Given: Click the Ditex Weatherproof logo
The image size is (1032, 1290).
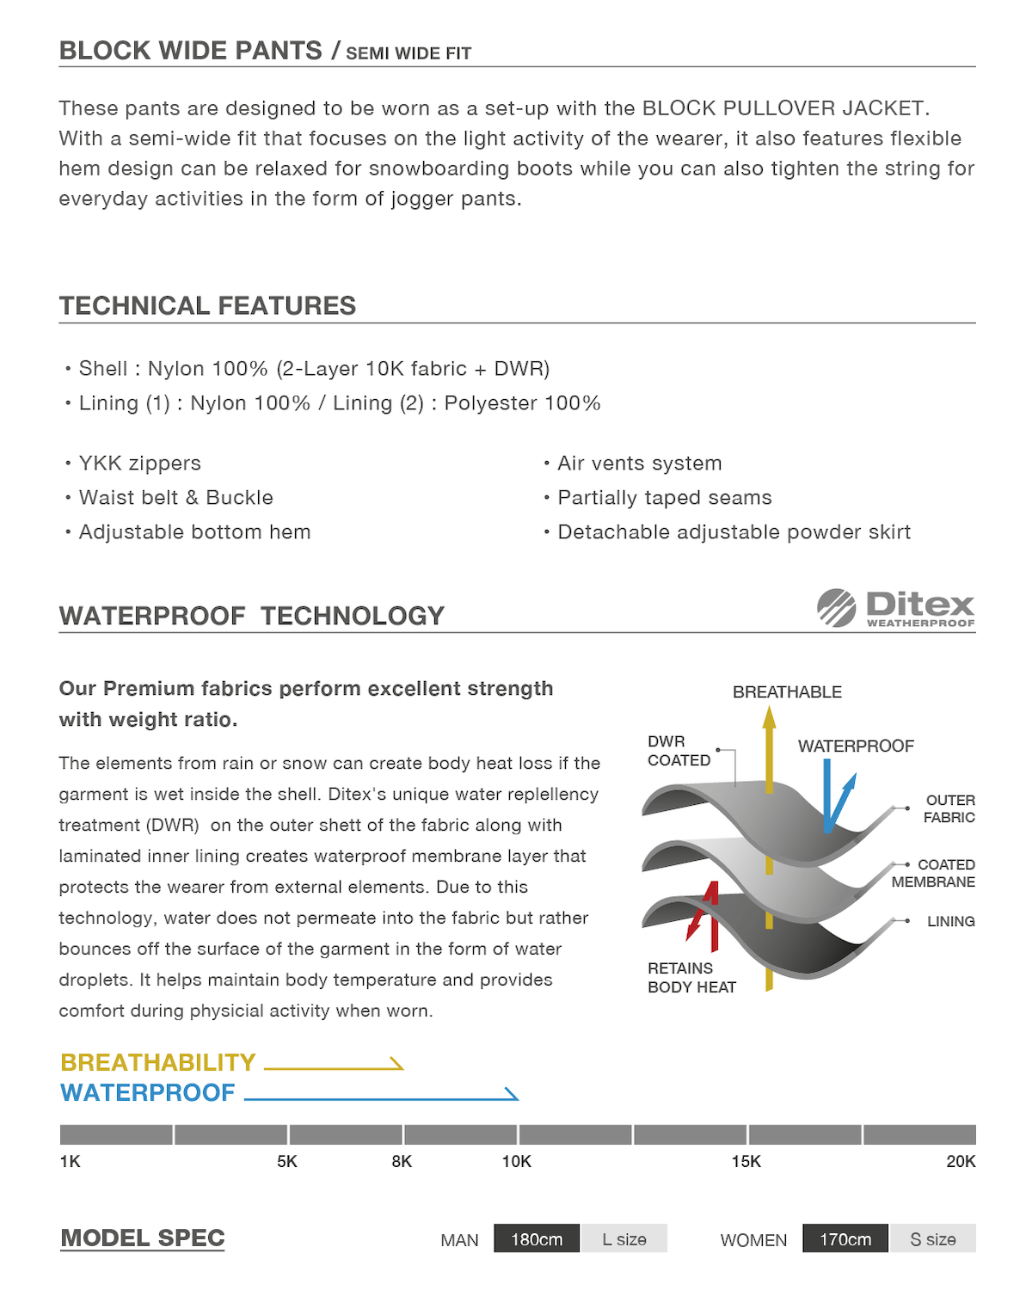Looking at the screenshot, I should (x=895, y=608).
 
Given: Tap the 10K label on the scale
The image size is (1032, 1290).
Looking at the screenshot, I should (x=516, y=1162).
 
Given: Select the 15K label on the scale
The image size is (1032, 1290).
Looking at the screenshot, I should (x=746, y=1162).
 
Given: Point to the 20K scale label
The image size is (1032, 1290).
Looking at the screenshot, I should (x=961, y=1162).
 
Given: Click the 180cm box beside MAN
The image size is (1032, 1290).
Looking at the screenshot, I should (x=537, y=1239).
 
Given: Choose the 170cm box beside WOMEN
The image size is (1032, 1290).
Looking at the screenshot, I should (x=845, y=1239).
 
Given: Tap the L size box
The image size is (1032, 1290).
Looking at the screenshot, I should (x=624, y=1239).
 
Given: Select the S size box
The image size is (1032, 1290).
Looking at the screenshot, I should (x=933, y=1239).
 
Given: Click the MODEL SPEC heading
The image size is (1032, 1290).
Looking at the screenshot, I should (x=142, y=1238).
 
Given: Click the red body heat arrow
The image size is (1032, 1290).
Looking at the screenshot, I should (x=705, y=912).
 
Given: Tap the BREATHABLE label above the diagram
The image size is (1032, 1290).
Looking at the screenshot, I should (x=787, y=692).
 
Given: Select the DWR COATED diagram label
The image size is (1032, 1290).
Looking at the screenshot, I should (x=679, y=751).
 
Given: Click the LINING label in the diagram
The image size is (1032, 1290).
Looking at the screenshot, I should (x=950, y=921).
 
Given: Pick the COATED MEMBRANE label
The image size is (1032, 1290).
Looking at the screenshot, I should (x=934, y=873).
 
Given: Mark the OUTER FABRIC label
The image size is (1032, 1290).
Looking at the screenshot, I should (x=949, y=808).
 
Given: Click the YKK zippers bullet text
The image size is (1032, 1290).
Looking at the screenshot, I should (x=139, y=464).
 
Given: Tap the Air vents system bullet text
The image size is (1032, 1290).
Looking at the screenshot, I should (x=639, y=464).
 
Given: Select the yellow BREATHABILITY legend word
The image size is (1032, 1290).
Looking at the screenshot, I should (x=158, y=1063).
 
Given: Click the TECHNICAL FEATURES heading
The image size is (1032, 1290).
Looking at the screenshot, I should (x=207, y=306).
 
